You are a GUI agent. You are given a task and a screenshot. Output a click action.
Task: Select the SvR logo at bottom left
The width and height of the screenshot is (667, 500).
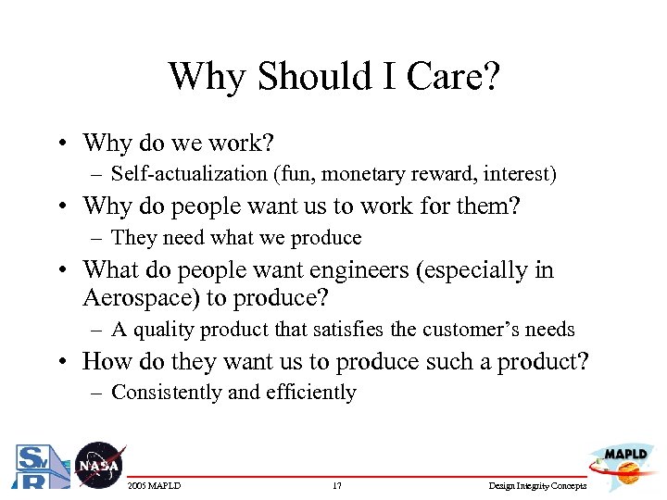click(x=36, y=467)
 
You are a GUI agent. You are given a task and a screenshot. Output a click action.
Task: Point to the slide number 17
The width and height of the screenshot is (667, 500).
click(x=336, y=486)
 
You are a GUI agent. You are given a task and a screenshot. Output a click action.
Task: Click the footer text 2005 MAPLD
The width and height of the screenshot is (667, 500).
click(x=154, y=486)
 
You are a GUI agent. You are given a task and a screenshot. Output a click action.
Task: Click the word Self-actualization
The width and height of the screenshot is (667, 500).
click(x=185, y=174)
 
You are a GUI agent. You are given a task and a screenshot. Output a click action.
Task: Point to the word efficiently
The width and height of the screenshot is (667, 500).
click(x=310, y=393)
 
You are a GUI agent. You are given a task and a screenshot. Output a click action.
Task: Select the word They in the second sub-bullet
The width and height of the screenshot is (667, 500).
click(x=134, y=238)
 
